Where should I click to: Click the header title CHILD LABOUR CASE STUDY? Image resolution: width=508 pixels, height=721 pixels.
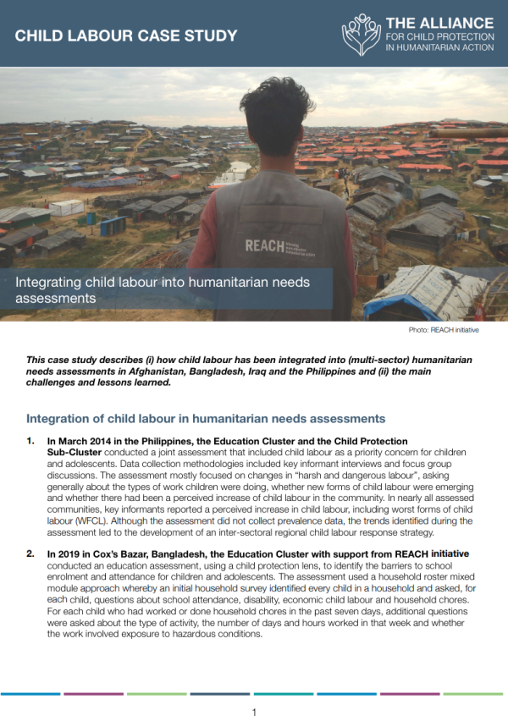click(x=126, y=36)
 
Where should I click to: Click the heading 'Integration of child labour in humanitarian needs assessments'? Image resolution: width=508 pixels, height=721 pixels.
click(x=206, y=419)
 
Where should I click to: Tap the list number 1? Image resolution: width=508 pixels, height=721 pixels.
click(x=30, y=442)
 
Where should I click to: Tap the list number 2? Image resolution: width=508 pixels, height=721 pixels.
click(x=30, y=553)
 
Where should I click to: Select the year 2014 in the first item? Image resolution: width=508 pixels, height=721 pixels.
click(x=100, y=442)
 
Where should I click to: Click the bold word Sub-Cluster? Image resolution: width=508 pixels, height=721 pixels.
click(x=75, y=453)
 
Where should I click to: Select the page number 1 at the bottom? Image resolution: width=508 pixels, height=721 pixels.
click(x=254, y=713)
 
